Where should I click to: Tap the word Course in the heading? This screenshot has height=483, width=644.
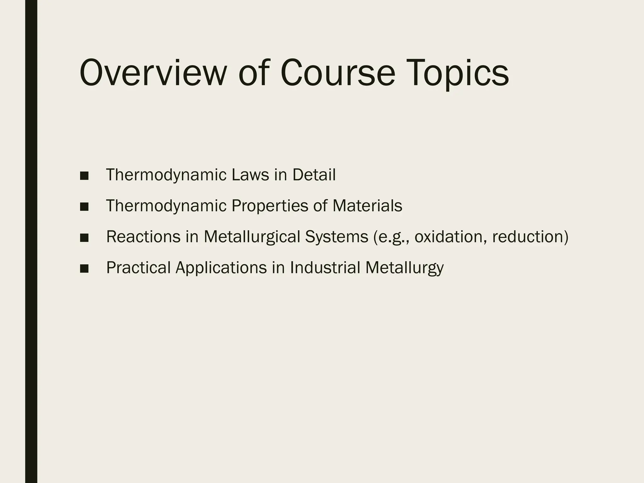(x=337, y=73)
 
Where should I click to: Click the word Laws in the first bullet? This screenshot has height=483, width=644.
(x=250, y=175)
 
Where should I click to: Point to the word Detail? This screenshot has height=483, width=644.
(x=314, y=175)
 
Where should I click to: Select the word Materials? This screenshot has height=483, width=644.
(x=367, y=206)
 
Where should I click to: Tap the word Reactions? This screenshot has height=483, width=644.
(x=143, y=237)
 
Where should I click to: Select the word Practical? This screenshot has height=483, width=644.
(x=138, y=268)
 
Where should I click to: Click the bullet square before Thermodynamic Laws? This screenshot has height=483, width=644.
(x=84, y=176)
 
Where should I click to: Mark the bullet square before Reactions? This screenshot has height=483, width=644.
(x=84, y=238)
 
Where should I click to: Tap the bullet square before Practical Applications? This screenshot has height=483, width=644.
(x=84, y=269)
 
